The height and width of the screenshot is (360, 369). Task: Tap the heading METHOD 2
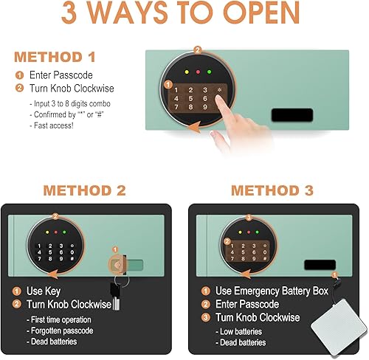84,190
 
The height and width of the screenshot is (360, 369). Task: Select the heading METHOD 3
272,190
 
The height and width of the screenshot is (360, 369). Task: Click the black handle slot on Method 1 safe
292,115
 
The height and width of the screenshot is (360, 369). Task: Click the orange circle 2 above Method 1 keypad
197,50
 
